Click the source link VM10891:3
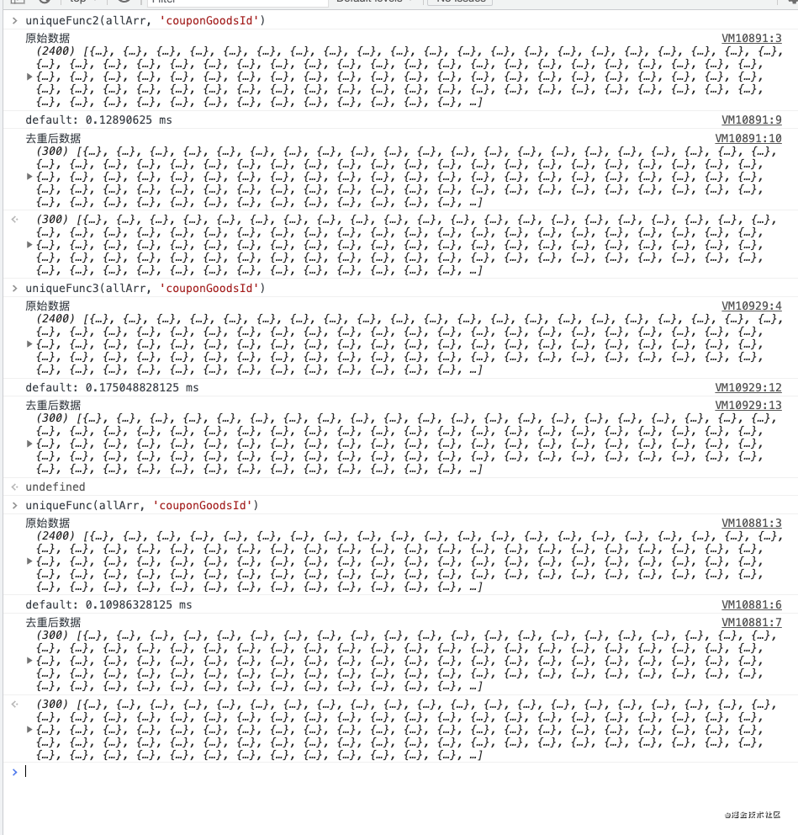[x=752, y=38]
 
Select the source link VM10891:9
[x=752, y=120]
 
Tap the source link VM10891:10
[x=748, y=139]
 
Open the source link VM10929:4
[x=752, y=306]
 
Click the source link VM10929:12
[x=748, y=388]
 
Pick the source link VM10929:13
[x=748, y=406]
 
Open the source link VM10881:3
[x=752, y=523]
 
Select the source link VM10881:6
[x=752, y=605]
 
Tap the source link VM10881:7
[x=752, y=623]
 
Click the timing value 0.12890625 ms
[x=129, y=120]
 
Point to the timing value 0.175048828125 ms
[x=142, y=388]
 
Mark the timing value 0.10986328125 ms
[x=139, y=605]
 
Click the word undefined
[x=55, y=487]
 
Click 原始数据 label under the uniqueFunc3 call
[x=48, y=306]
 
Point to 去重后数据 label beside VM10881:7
[x=53, y=623]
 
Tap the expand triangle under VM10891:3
[x=30, y=77]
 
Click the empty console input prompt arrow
[x=14, y=771]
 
